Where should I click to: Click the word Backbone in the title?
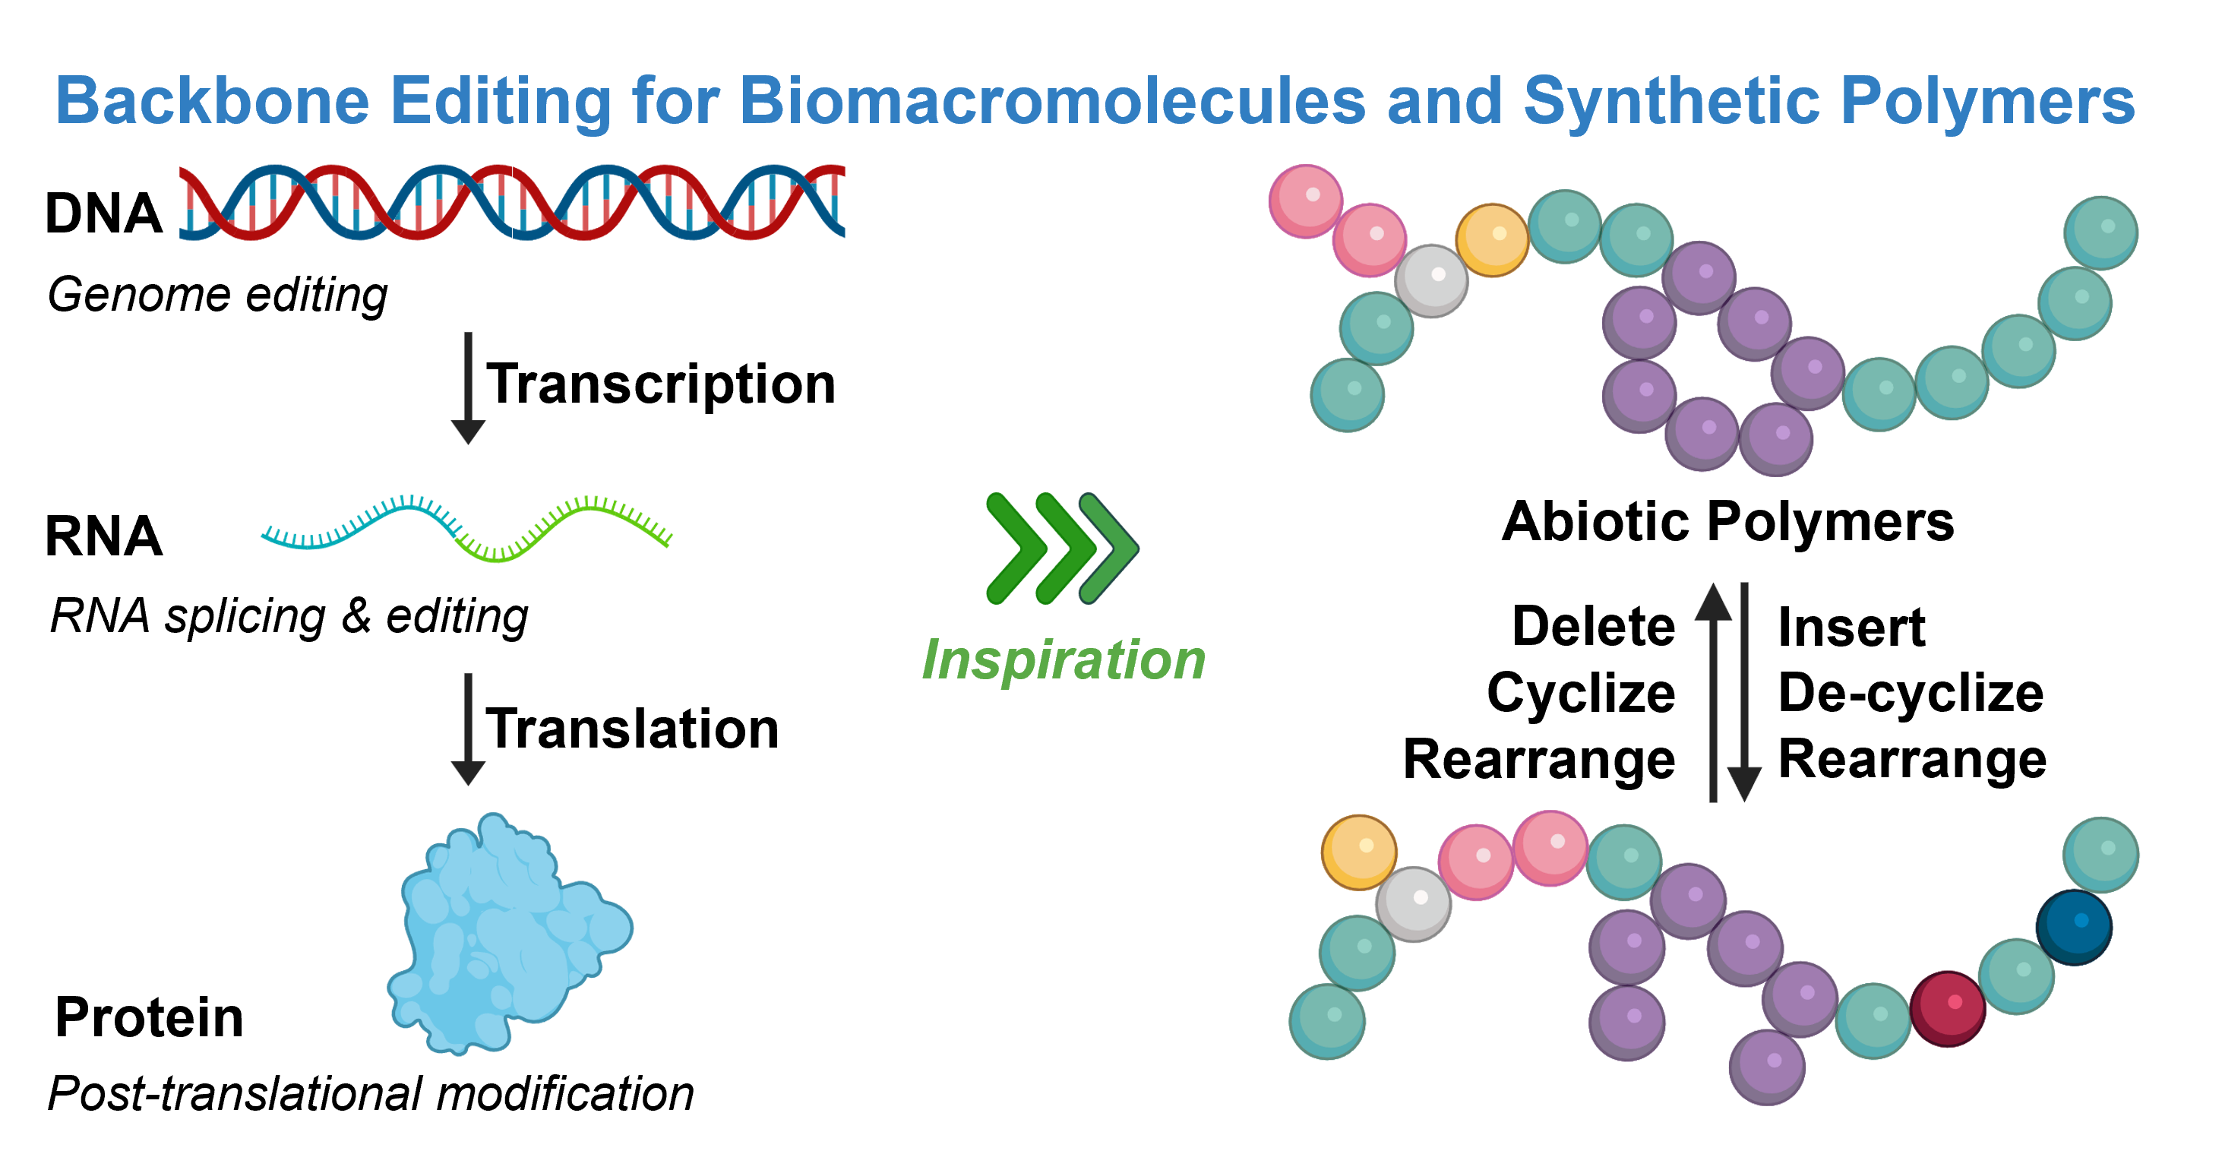coord(212,101)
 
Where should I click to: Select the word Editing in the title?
coord(501,101)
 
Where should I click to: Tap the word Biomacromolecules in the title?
coord(1052,101)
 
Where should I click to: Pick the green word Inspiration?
coord(1064,660)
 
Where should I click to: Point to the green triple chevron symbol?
coord(1062,548)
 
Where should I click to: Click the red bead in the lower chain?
coord(1948,1007)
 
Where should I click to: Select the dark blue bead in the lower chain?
coord(2074,928)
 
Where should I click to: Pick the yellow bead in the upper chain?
coord(1492,240)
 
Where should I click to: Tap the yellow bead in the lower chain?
coord(1360,852)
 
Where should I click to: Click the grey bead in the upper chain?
coord(1431,280)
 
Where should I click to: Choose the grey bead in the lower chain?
coord(1413,903)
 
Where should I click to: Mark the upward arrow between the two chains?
coord(1713,691)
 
